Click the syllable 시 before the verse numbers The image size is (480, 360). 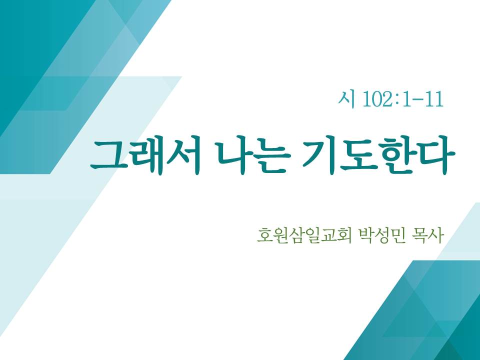(x=346, y=99)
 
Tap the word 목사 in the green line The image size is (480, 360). (x=428, y=235)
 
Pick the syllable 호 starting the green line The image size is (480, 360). (x=264, y=235)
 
